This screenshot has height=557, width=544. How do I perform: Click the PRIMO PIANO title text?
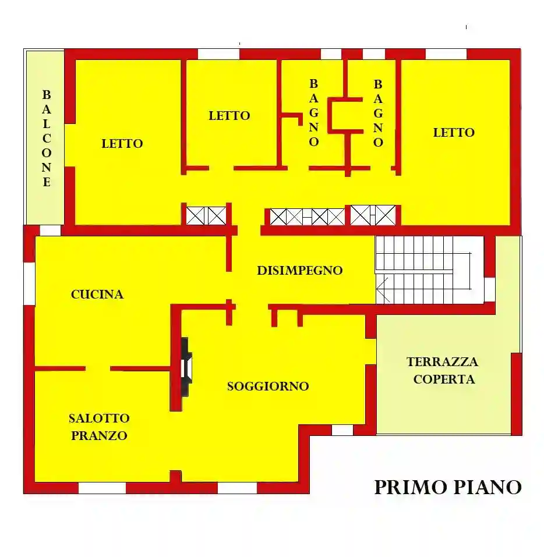tap(447, 487)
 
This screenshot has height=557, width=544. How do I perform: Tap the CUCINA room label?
tap(97, 295)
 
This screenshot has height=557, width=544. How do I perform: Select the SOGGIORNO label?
tap(268, 386)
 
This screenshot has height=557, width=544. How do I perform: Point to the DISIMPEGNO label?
tap(300, 271)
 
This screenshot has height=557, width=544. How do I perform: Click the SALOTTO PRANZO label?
tap(99, 427)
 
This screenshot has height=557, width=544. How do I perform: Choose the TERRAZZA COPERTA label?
tap(443, 370)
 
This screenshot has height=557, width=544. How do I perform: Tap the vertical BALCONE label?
tap(47, 138)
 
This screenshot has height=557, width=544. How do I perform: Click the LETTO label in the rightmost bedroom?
tap(454, 133)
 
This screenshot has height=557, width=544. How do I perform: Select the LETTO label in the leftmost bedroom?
tap(122, 143)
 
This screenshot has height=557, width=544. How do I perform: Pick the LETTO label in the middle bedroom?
tap(229, 116)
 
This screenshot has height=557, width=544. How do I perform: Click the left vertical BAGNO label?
tap(314, 113)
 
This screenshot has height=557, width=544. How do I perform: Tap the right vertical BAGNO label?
tap(379, 113)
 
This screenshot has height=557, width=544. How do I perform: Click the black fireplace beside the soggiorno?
tap(186, 367)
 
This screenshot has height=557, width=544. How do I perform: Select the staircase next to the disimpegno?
tap(422, 270)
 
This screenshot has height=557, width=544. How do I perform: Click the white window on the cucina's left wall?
tap(29, 283)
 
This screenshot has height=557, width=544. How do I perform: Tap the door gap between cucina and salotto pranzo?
tap(98, 368)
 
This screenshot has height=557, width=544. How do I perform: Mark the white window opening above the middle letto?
tap(219, 54)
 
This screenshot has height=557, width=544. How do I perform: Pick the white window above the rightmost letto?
tap(446, 54)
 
